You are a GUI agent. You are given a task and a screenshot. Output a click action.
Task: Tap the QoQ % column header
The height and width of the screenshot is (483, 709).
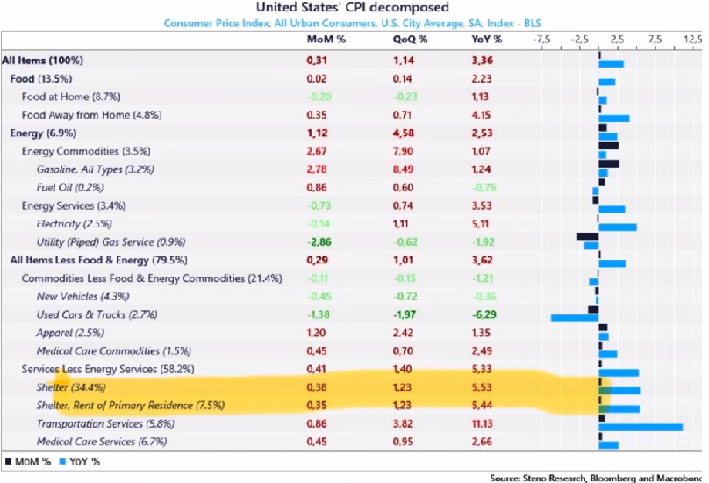[410, 40]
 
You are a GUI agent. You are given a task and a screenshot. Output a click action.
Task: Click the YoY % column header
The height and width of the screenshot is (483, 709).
[487, 40]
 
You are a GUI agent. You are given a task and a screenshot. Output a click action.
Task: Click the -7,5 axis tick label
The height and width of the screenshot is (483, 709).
[541, 40]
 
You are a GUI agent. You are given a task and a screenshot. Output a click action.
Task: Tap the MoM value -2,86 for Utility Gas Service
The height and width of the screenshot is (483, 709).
[317, 241]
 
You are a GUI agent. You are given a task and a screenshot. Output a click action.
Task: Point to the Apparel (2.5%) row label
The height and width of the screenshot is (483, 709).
[69, 333]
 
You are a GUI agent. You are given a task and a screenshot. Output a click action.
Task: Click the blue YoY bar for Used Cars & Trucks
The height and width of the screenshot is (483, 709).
[574, 318]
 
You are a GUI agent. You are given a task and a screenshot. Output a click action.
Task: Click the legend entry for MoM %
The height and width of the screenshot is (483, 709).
[25, 461]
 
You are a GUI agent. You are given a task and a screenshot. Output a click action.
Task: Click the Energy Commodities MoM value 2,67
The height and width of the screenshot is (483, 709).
[317, 151]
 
